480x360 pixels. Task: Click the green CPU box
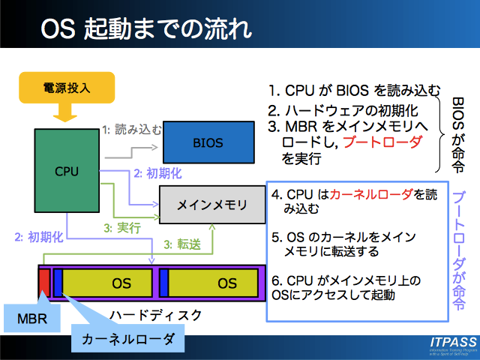pos(66,171)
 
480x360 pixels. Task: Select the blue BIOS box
pos(208,142)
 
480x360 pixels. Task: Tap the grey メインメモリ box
pos(211,204)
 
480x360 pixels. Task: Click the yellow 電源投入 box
pos(65,88)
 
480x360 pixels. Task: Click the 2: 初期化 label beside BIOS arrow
pos(154,172)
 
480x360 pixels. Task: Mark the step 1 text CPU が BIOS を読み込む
pos(354,91)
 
